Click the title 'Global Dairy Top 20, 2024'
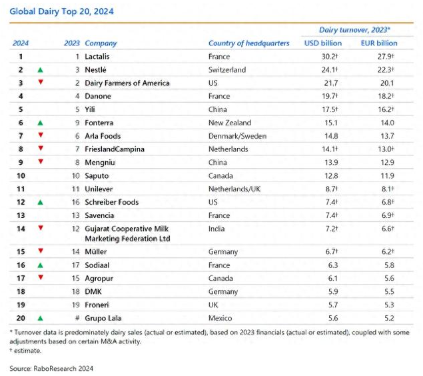coord(61,11)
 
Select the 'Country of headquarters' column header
coord(248,43)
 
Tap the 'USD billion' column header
coord(323,43)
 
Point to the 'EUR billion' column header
coord(379,43)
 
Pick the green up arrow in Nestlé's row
coord(41,70)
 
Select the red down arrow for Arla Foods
coord(41,135)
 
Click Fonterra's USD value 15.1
coord(331,123)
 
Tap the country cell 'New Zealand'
coord(230,123)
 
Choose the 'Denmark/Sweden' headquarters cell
coord(237,136)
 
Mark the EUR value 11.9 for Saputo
coord(388,176)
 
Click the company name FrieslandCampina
coord(115,149)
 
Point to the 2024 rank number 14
coord(21,229)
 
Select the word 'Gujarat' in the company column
coord(97,229)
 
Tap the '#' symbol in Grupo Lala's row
coord(77,318)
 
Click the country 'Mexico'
coord(220,318)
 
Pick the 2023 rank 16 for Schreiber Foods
coord(76,202)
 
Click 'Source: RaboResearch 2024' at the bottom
coord(51,369)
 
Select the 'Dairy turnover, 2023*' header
coord(354,30)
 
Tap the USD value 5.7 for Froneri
coord(333,305)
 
